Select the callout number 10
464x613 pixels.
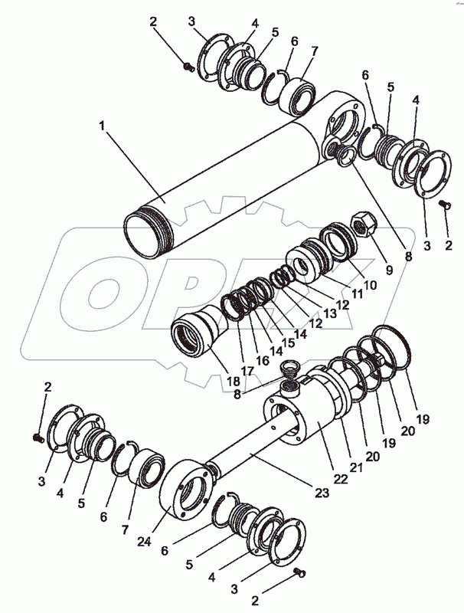pyautogui.click(x=371, y=285)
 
